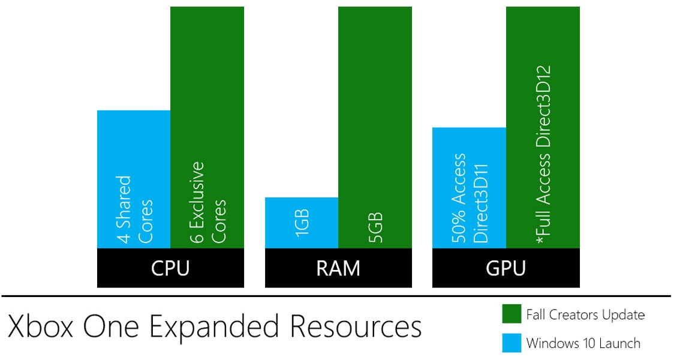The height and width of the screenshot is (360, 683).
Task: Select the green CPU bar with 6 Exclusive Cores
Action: coord(207,90)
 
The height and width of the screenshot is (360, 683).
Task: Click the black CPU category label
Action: coord(170,268)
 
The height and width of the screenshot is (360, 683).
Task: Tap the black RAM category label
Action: coord(339,268)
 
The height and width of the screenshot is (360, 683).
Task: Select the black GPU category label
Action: coord(506,268)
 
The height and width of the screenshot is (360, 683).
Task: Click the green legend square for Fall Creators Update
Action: coord(511,314)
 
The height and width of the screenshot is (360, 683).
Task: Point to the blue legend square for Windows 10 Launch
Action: coord(511,343)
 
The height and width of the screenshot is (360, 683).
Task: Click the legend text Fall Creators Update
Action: coord(585,314)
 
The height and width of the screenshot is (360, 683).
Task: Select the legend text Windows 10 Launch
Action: coord(583,344)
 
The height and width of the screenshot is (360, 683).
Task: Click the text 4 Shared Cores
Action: coord(134,209)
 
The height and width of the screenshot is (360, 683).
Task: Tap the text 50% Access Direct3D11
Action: coord(470,198)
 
